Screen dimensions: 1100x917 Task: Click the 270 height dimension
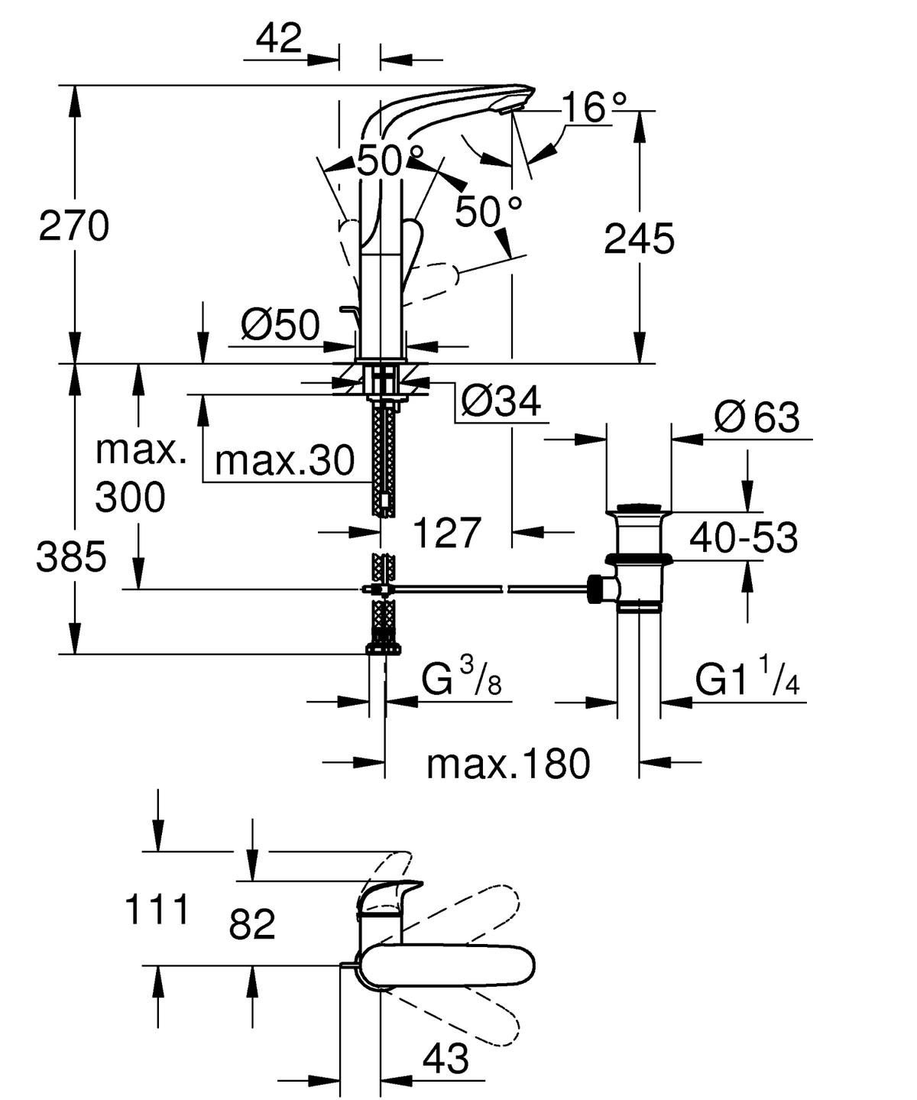pos(74,227)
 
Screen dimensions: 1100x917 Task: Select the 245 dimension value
pos(639,240)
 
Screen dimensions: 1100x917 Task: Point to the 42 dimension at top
pos(280,37)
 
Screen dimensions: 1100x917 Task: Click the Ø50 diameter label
pos(280,326)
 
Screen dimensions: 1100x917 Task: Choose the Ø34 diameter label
pos(501,401)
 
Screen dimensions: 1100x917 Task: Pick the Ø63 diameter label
pos(757,417)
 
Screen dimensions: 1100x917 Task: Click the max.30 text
pos(285,460)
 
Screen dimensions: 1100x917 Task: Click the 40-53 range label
pos(743,537)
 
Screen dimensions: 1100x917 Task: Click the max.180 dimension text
pos(508,763)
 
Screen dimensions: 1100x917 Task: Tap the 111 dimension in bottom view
pos(156,910)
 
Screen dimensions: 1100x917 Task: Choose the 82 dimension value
pos(251,925)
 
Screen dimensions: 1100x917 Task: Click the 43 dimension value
pos(446,1059)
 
